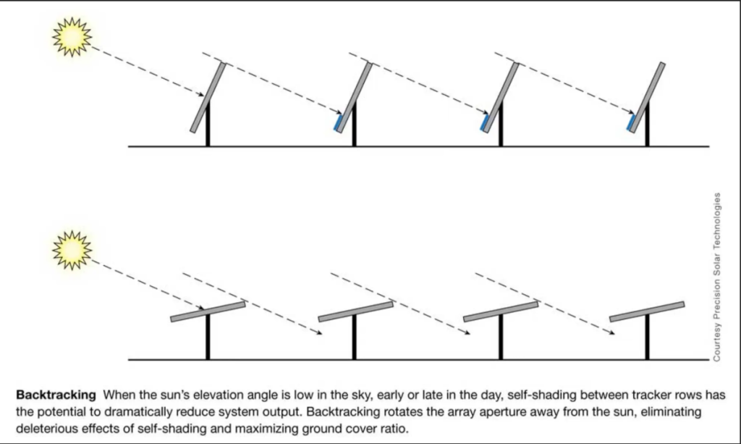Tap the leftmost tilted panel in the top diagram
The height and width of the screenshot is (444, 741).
pyautogui.click(x=208, y=97)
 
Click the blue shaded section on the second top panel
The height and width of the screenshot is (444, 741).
pyautogui.click(x=337, y=123)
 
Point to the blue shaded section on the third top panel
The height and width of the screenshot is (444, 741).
pyautogui.click(x=484, y=123)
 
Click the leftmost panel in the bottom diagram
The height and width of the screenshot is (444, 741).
pyautogui.click(x=208, y=311)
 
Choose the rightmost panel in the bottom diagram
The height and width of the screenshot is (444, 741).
pyautogui.click(x=647, y=311)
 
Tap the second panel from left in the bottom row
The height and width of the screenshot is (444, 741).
pyautogui.click(x=355, y=311)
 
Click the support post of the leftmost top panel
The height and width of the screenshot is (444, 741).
pyautogui.click(x=208, y=127)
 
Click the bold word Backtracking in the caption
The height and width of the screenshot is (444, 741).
pyautogui.click(x=56, y=395)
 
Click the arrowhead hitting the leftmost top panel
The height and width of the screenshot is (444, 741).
pyautogui.click(x=203, y=93)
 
